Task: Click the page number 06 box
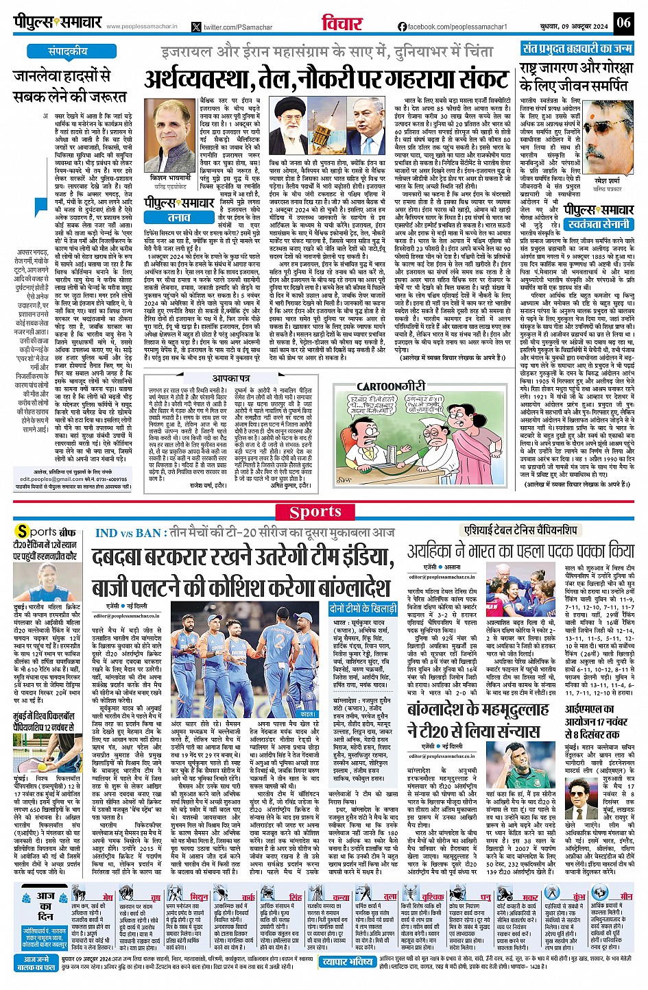623,23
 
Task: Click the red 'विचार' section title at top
341,23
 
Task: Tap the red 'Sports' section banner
315,512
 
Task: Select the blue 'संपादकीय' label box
68,51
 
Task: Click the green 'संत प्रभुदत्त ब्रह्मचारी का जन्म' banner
577,49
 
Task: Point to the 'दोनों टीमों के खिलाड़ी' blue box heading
363,608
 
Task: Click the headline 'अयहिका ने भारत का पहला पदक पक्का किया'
520,552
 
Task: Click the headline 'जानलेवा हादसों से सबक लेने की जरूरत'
71,86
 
